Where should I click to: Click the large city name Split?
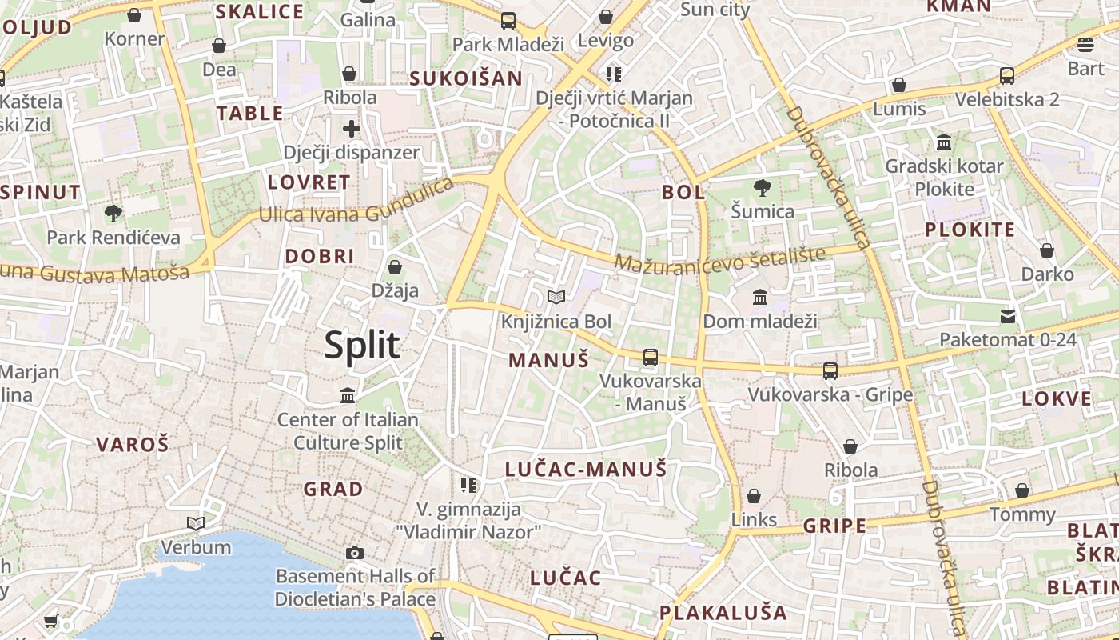click(x=362, y=345)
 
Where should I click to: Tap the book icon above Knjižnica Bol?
click(x=556, y=298)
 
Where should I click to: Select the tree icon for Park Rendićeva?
click(x=113, y=214)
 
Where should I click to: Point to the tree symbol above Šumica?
click(x=763, y=188)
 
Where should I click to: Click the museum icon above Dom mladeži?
click(x=760, y=298)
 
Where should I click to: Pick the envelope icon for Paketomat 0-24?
click(x=1008, y=316)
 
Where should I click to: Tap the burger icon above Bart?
click(x=1085, y=44)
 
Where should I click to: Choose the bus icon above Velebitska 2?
click(x=1007, y=76)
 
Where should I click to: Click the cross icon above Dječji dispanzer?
click(x=352, y=128)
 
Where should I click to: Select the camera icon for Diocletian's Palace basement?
click(x=355, y=553)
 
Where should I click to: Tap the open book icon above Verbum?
click(x=196, y=524)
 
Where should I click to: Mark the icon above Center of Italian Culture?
click(x=348, y=395)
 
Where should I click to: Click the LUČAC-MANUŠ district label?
click(x=586, y=470)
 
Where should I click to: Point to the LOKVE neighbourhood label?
click(x=1057, y=398)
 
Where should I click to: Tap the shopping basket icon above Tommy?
click(x=1022, y=490)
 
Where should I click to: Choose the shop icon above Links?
click(x=754, y=496)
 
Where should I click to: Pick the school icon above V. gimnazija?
click(x=468, y=485)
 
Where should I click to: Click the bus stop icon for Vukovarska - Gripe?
click(x=830, y=370)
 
